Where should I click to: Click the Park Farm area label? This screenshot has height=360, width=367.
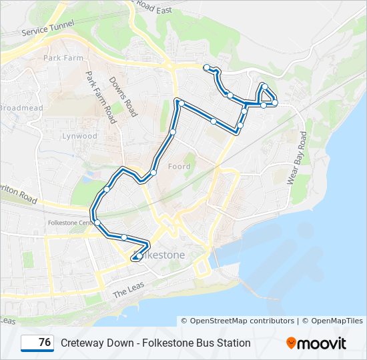(x=62, y=58)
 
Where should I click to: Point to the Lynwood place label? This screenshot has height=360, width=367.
(x=79, y=136)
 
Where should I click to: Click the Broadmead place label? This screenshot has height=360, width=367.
(x=21, y=107)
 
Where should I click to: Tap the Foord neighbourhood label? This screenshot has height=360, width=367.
(x=179, y=166)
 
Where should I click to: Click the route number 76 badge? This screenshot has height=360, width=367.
(x=37, y=343)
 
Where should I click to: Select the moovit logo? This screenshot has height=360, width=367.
(x=316, y=343)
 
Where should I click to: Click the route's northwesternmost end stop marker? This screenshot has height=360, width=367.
(x=208, y=67)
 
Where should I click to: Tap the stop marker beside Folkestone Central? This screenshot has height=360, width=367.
(x=97, y=222)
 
